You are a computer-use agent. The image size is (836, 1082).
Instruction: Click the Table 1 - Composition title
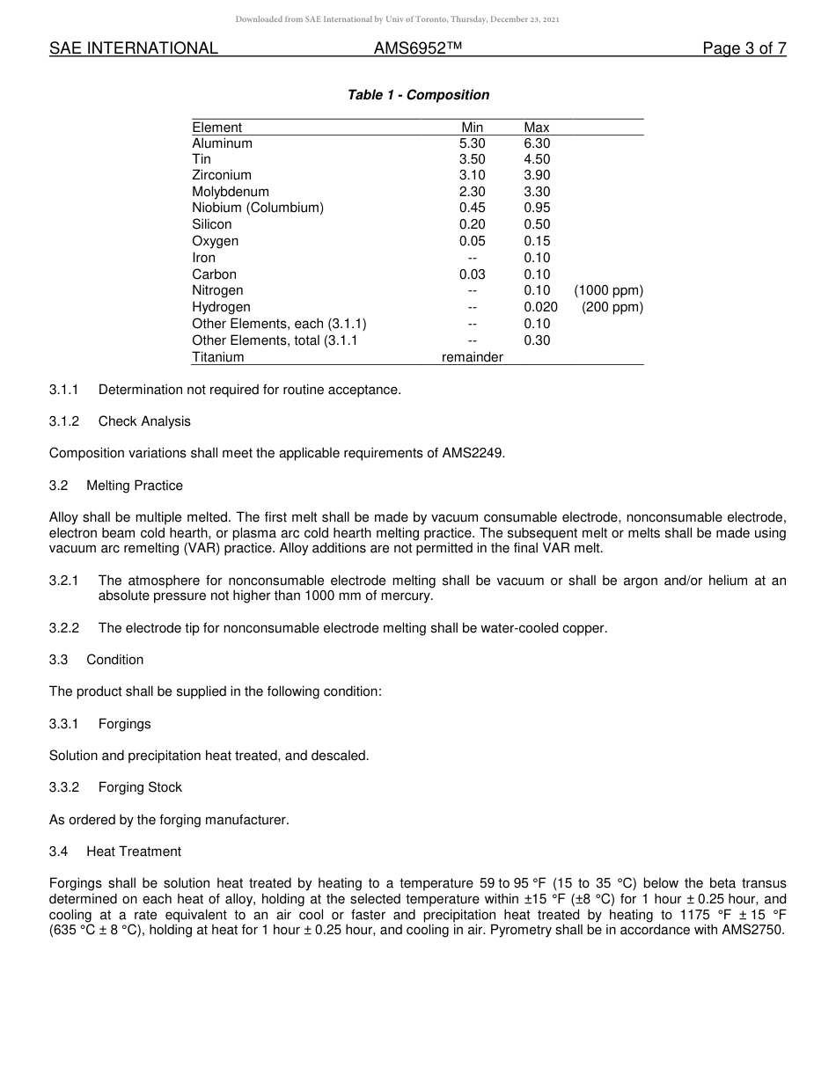(418, 95)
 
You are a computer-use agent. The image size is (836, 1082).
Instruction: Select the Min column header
(472, 128)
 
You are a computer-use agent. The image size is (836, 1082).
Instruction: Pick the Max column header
(536, 128)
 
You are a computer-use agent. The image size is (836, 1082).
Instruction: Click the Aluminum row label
(222, 143)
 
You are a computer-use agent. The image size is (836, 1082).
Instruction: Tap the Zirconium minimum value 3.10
(472, 176)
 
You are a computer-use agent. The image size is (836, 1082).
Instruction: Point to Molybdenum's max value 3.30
(537, 192)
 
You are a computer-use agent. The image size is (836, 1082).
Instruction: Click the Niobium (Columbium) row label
(258, 208)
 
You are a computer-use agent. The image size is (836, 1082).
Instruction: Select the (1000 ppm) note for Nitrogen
(608, 290)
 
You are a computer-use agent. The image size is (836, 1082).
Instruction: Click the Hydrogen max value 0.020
(540, 307)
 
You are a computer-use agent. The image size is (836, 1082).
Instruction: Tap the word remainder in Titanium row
(472, 357)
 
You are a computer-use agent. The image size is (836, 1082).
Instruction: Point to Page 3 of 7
(744, 48)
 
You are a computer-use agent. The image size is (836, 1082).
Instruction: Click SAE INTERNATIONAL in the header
(134, 48)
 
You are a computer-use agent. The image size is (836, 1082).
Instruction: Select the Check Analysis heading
(144, 421)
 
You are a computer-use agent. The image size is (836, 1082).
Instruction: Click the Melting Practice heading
(135, 486)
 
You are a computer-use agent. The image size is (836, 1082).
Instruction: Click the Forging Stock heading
(140, 787)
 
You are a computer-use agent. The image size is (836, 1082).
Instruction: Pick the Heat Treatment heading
(134, 852)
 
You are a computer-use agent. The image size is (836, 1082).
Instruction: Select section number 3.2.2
(64, 628)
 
